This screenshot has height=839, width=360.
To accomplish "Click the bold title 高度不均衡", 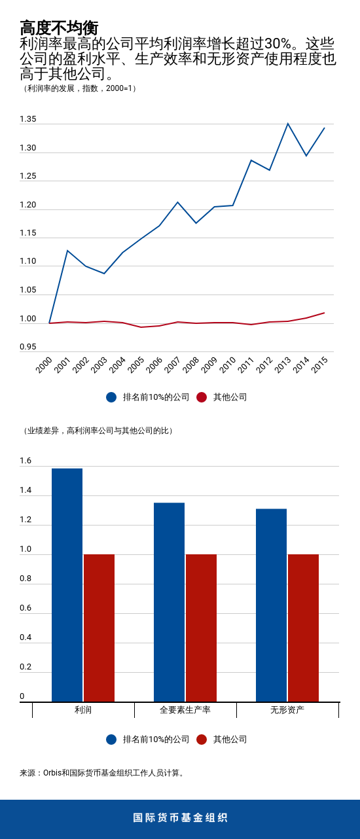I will tap(59, 27).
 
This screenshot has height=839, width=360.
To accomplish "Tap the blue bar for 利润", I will tap(67, 585).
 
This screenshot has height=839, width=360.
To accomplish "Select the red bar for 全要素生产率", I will tap(201, 628).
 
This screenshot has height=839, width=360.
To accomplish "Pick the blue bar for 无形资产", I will tap(271, 605).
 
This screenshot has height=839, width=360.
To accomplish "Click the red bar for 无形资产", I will tap(303, 628).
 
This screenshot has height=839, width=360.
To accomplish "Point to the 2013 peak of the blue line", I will tap(287, 124).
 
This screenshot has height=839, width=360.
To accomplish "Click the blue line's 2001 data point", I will tap(67, 251).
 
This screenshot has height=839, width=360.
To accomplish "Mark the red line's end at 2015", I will tap(324, 313).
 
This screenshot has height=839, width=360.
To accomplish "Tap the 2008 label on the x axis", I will tap(190, 365).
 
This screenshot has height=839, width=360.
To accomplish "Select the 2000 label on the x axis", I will tap(44, 365).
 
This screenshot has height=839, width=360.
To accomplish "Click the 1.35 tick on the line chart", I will tap(28, 119).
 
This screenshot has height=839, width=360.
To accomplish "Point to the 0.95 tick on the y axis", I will tap(28, 347).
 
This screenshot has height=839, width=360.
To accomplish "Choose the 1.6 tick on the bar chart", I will tap(26, 461).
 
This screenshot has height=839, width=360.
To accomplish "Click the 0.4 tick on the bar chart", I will tap(26, 637).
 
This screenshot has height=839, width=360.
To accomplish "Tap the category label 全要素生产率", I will tap(185, 709).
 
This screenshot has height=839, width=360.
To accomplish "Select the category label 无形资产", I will tap(287, 709).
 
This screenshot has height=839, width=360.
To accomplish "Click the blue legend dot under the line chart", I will tap(111, 397).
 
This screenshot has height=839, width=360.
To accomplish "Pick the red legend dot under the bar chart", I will tap(202, 740).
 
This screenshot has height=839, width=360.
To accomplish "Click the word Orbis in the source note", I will tap(52, 773).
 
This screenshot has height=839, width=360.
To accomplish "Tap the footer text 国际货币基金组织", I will tap(180, 818).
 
